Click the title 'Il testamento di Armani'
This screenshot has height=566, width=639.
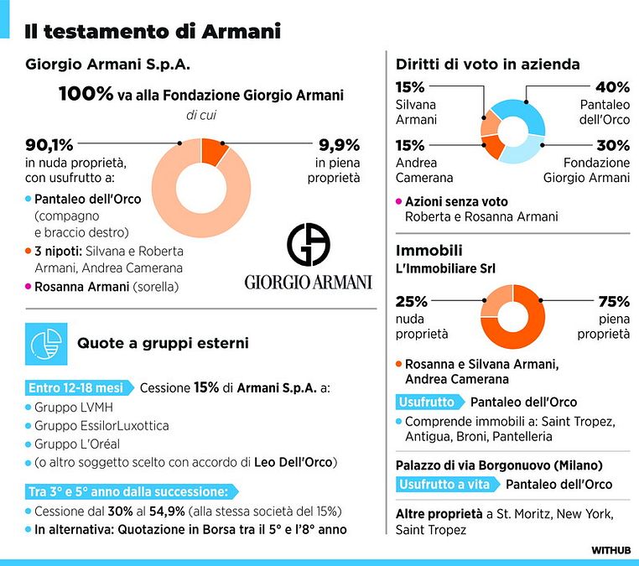152,31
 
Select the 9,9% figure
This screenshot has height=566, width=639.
339,145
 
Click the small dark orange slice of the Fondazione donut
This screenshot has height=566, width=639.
214,150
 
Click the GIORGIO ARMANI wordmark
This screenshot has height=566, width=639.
308,282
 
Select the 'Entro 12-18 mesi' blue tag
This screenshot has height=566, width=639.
77,388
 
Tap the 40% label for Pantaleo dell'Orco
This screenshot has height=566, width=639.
612,88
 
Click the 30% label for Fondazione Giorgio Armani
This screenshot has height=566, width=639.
612,145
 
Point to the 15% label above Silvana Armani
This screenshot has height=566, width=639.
411,88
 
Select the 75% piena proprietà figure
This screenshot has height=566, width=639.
612,301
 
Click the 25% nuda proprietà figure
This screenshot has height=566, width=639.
411,301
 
